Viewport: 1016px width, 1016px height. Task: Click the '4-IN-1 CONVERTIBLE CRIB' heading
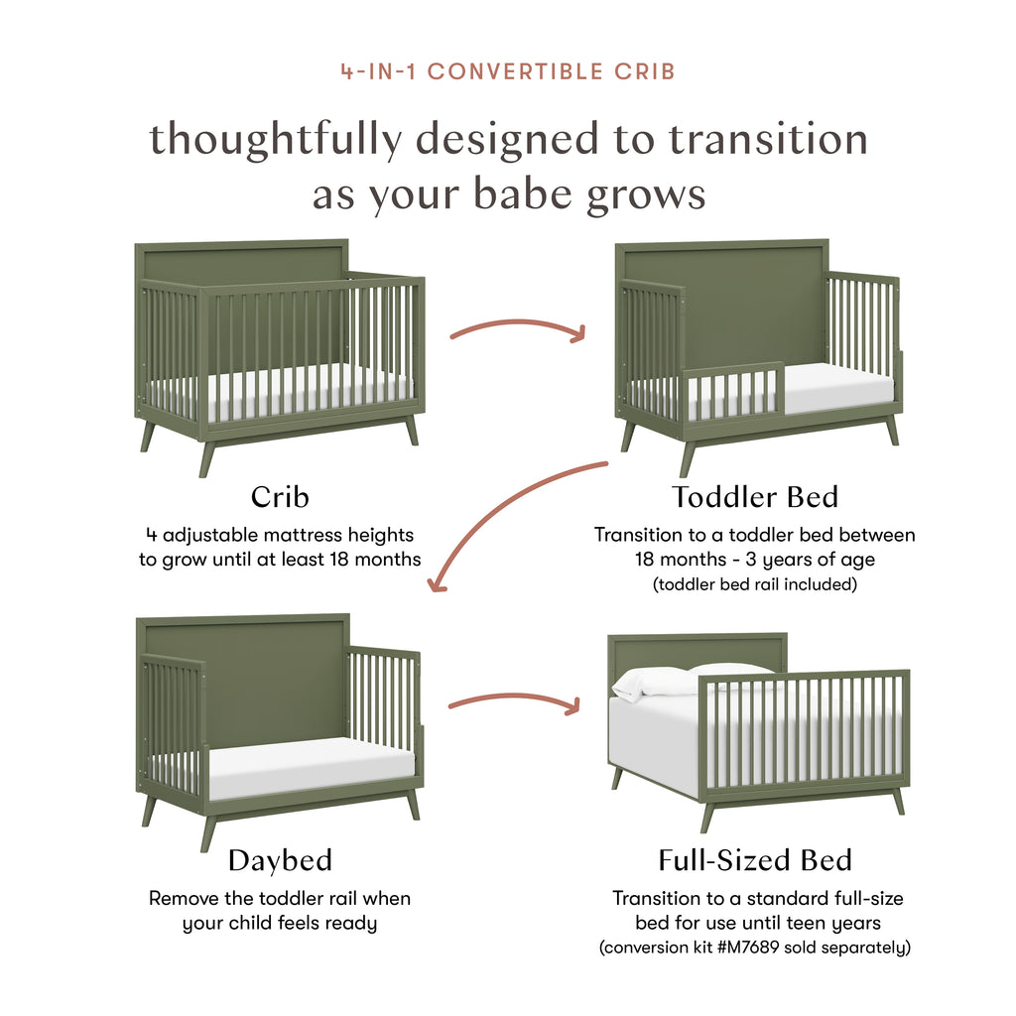[508, 71]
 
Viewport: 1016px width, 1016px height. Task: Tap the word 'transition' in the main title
[769, 138]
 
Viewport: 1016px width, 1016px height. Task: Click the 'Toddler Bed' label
[755, 496]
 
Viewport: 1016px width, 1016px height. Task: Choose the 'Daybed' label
[280, 859]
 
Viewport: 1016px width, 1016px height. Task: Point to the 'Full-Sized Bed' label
[755, 859]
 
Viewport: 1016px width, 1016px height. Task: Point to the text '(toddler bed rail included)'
[755, 584]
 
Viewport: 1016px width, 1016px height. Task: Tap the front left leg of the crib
[206, 458]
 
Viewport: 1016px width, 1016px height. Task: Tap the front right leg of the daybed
[412, 805]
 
